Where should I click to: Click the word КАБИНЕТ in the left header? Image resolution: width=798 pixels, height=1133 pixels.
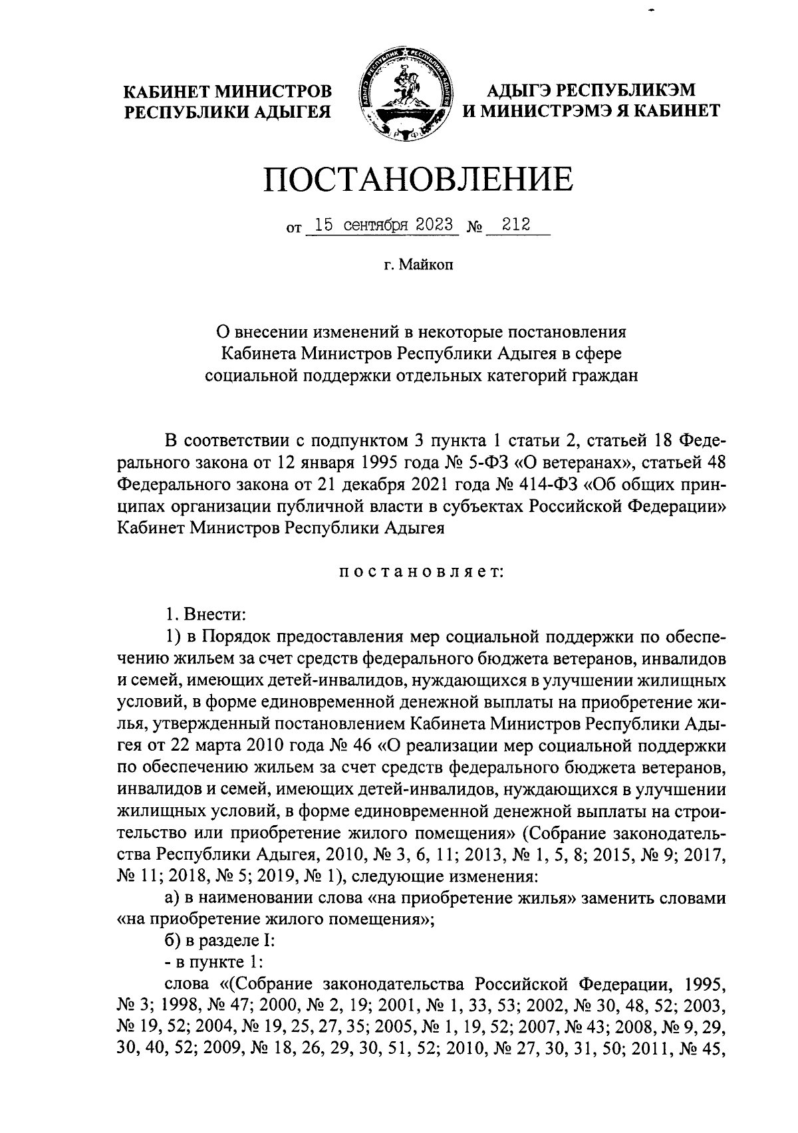point(170,90)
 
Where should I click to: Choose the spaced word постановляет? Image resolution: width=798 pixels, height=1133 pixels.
point(418,571)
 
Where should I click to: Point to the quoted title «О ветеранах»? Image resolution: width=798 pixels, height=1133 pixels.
point(586,463)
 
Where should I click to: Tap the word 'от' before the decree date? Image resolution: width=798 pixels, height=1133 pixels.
point(293,228)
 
